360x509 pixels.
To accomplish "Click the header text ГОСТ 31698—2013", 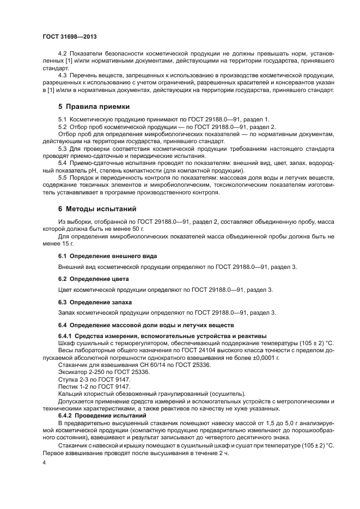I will (x=65, y=36).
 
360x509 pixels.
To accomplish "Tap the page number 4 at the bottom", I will (x=44, y=462).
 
